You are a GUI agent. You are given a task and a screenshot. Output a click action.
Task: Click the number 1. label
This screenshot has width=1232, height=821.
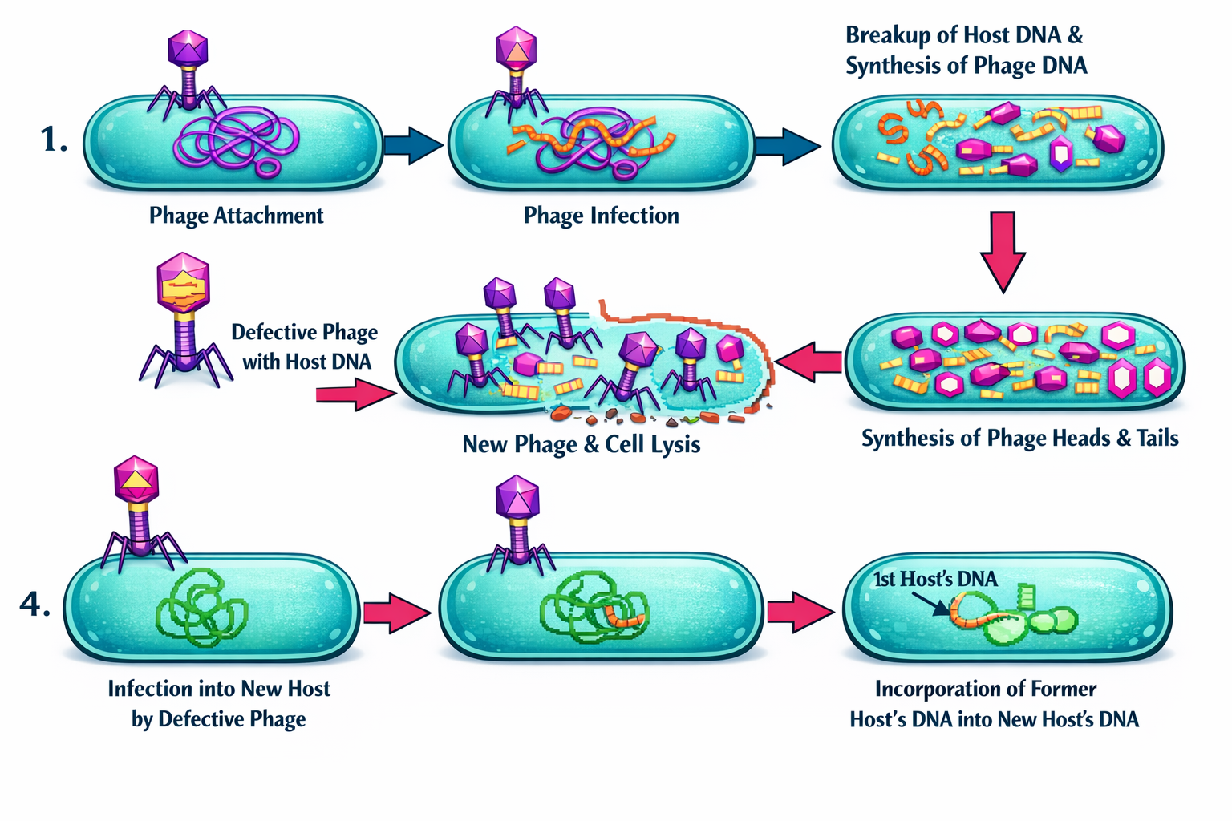[x=54, y=140]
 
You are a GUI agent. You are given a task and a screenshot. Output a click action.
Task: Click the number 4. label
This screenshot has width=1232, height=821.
[x=34, y=604]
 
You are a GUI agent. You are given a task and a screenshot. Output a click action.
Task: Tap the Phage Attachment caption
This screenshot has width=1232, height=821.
[x=236, y=215]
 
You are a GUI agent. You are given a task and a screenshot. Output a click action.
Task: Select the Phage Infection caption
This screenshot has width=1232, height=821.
[x=601, y=215]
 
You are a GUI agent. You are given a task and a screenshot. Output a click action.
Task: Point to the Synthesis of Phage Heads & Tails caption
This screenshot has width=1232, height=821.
[x=1019, y=438]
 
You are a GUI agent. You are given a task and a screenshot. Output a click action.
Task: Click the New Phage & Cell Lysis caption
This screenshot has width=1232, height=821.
[x=581, y=444]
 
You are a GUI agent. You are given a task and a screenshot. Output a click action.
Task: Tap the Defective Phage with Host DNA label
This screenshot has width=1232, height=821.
[x=306, y=346]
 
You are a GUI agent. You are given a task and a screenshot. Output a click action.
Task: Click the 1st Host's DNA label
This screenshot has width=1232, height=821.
[x=935, y=579]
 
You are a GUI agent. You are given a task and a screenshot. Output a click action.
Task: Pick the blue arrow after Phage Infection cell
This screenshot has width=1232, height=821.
[x=787, y=145]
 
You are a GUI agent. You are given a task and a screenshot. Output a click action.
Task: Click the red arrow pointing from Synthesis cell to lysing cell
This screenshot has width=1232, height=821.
[x=808, y=363]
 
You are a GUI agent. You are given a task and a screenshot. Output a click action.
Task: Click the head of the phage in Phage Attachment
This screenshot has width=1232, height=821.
[x=188, y=48]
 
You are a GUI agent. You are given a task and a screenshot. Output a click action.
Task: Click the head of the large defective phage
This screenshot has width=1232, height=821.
[x=184, y=285]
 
